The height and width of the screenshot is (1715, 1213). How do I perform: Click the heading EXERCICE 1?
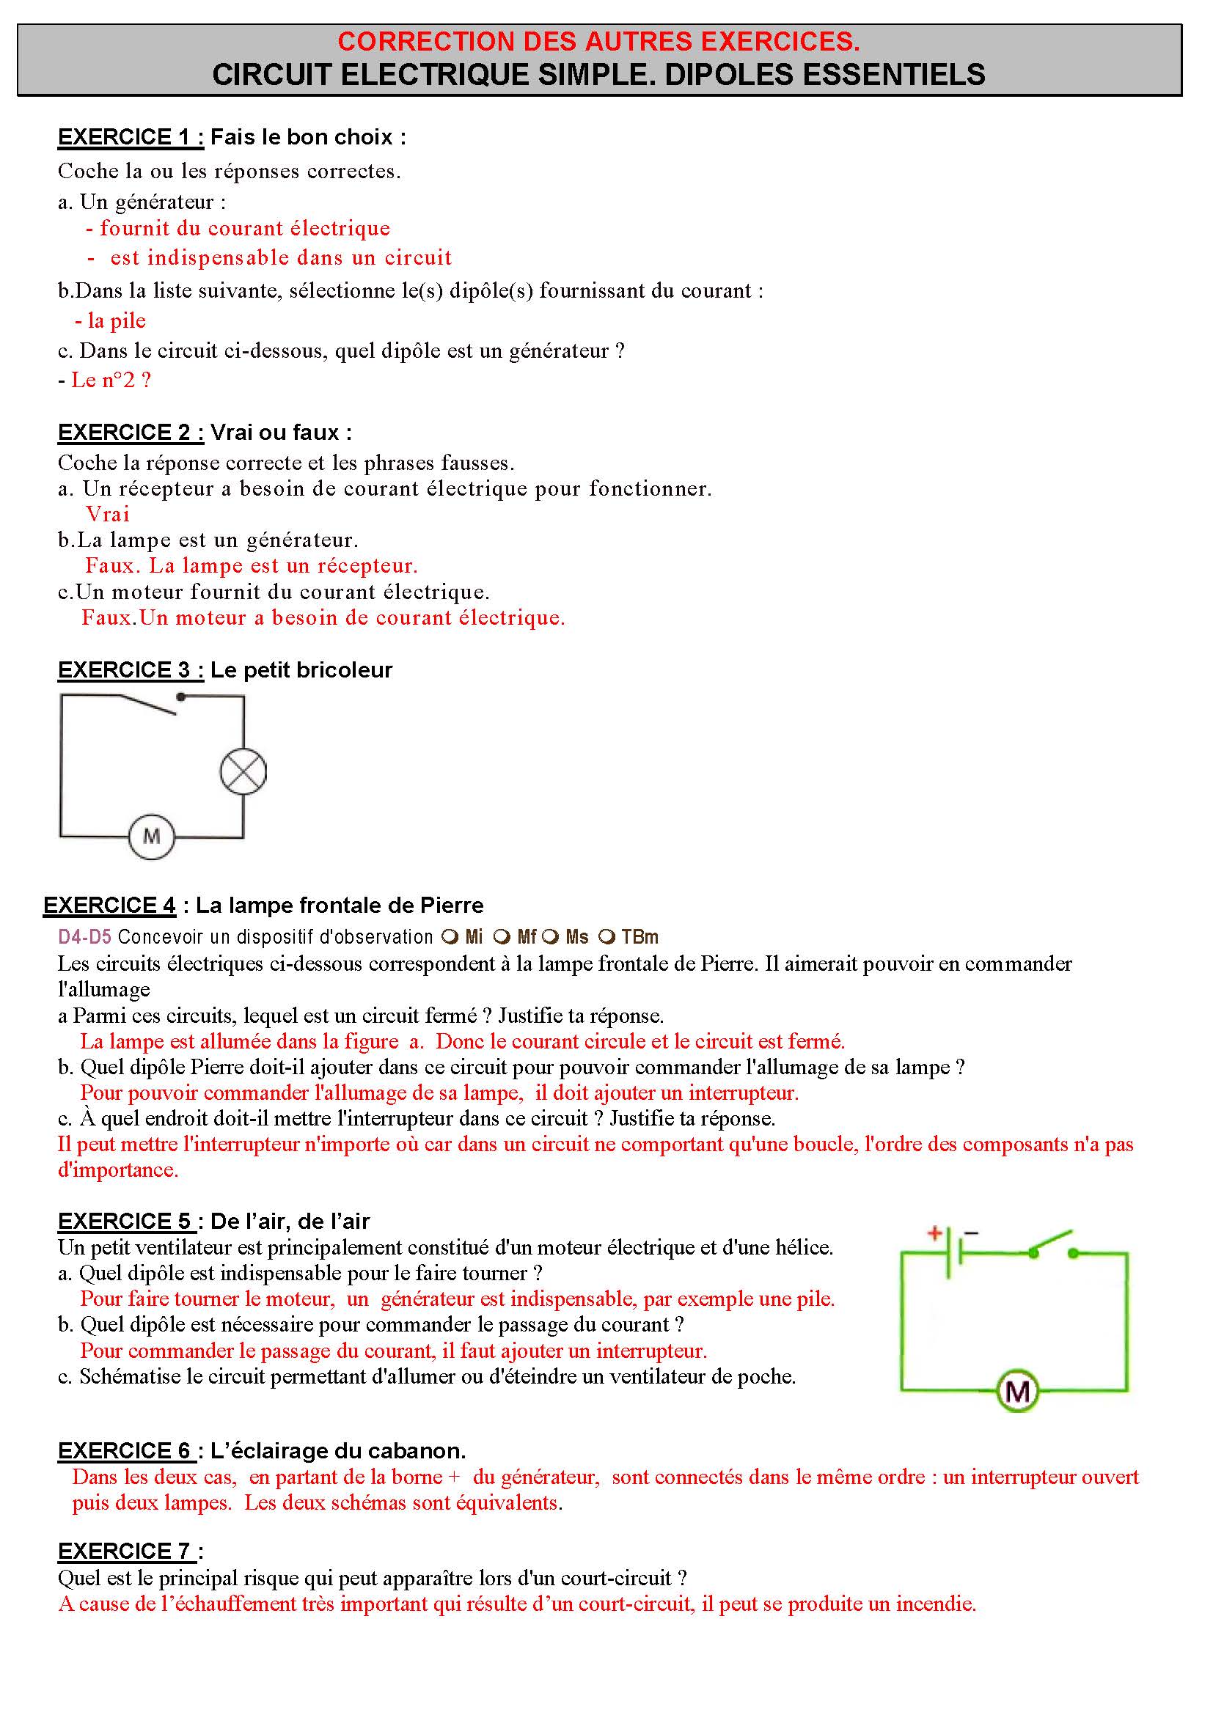coord(131,137)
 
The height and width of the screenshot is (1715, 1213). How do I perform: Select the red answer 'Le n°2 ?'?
coord(111,381)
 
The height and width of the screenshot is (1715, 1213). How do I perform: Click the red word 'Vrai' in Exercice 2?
coord(108,514)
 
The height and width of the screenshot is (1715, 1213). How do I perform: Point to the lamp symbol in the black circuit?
coord(243,771)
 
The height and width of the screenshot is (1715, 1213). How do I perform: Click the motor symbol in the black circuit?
coord(152,836)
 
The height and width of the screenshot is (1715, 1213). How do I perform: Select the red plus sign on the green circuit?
coord(934,1233)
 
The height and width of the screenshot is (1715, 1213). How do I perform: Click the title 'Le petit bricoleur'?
coord(301,670)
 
